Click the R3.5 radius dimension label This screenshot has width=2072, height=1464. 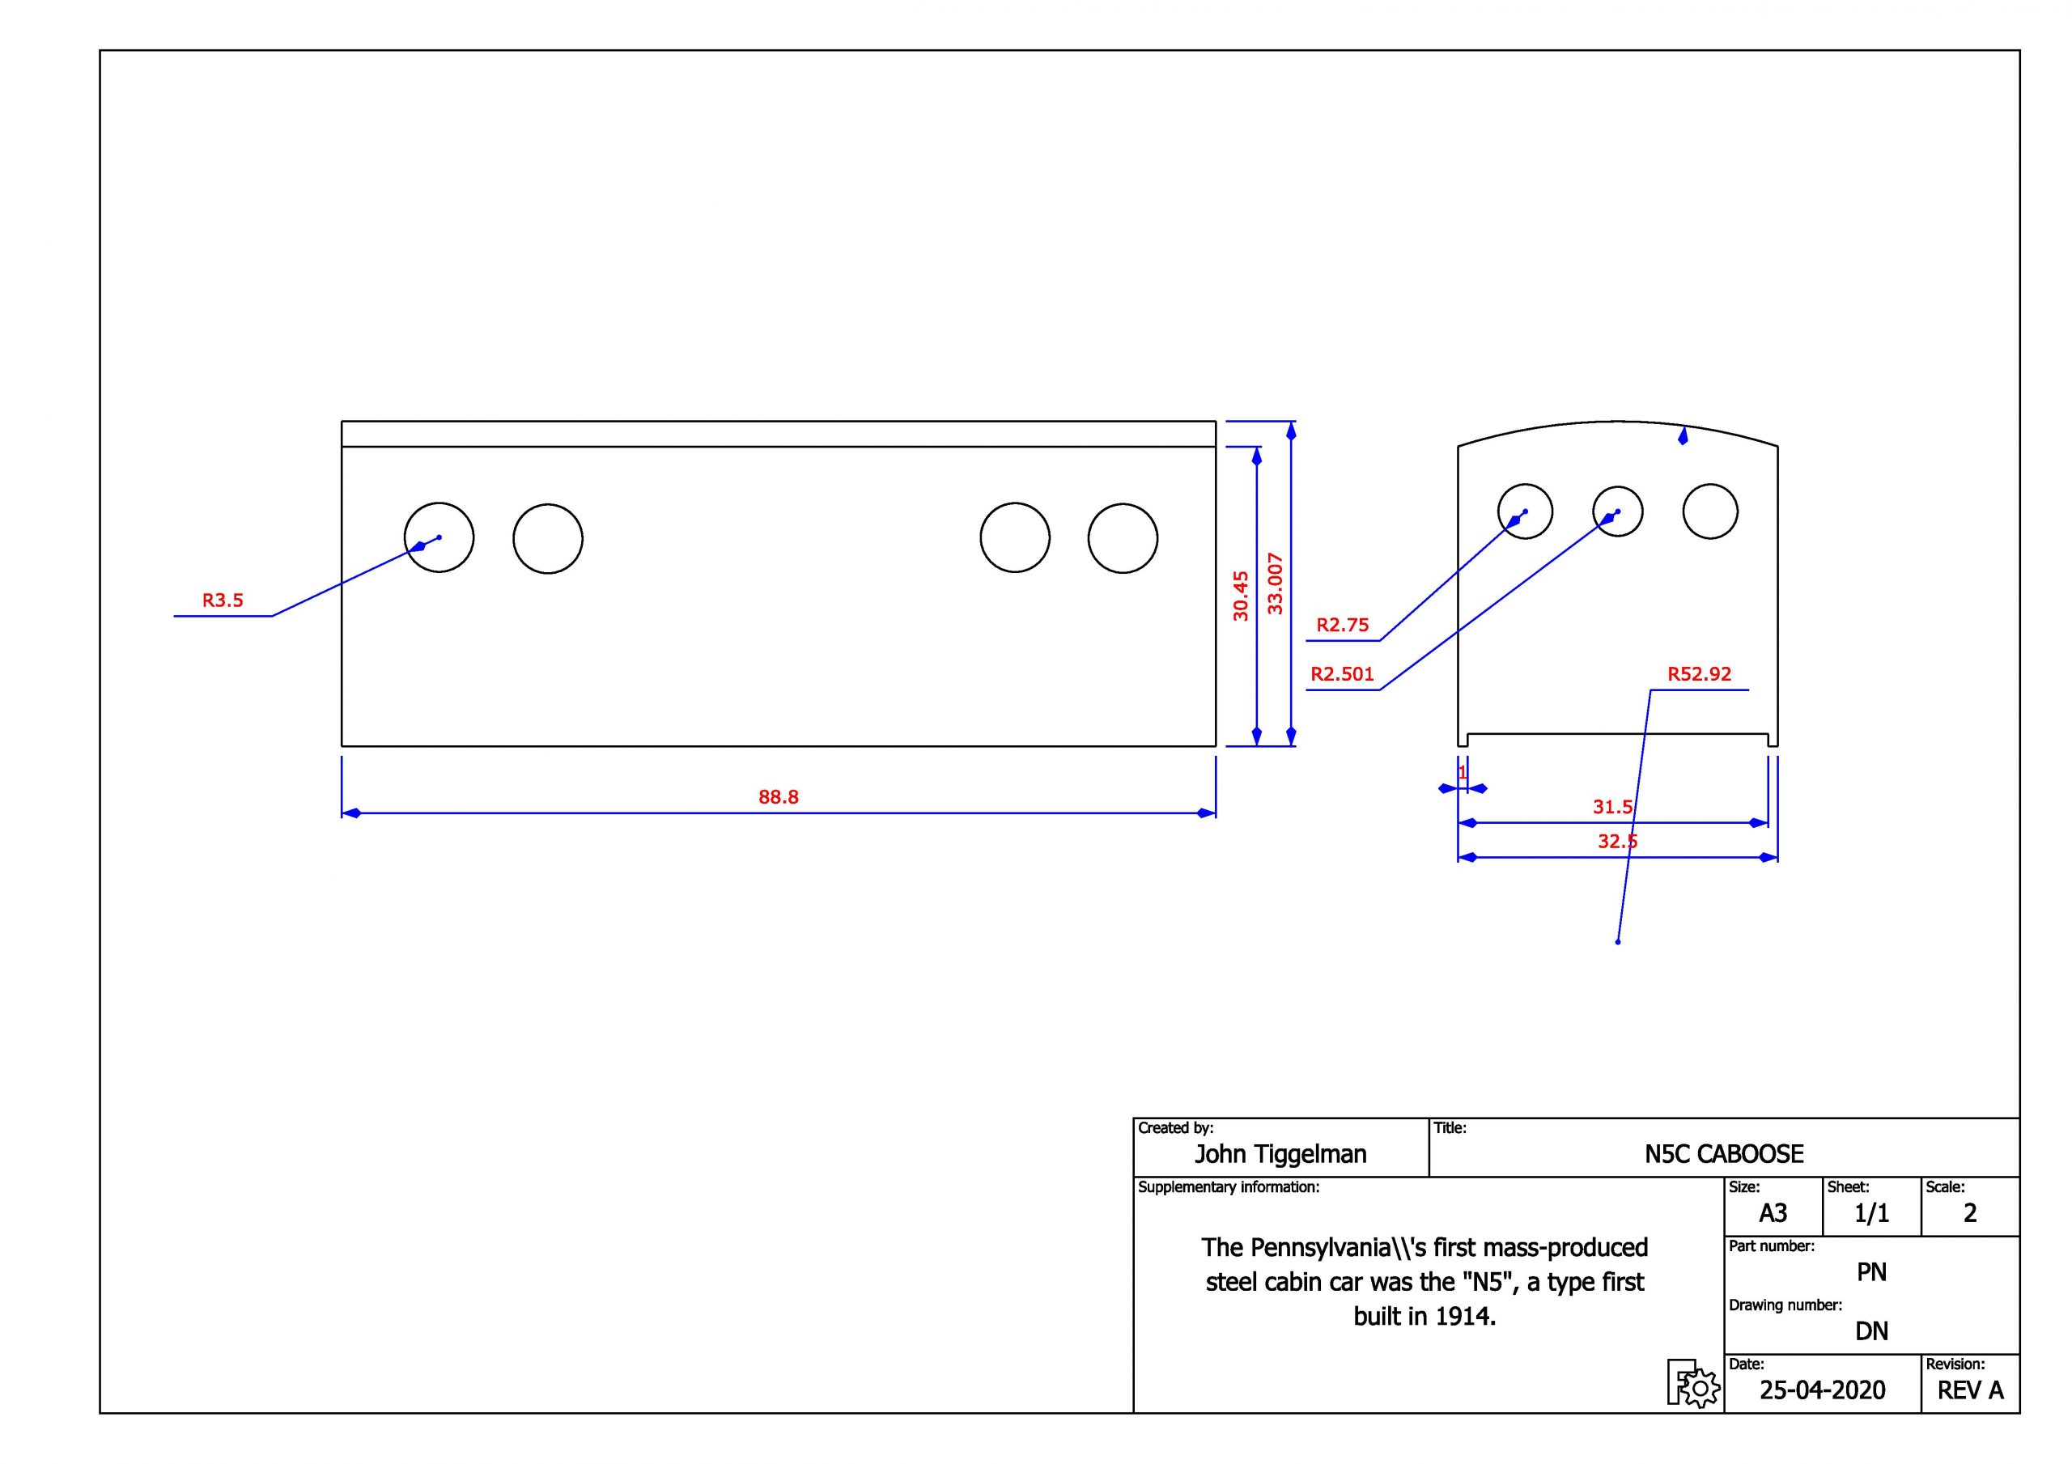pyautogui.click(x=223, y=600)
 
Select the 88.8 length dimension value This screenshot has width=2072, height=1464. pyautogui.click(x=778, y=797)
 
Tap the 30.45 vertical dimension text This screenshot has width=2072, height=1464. pyautogui.click(x=1241, y=596)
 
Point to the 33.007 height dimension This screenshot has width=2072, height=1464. pyautogui.click(x=1275, y=583)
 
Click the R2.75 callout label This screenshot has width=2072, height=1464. pyautogui.click(x=1342, y=625)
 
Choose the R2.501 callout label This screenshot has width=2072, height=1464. pyautogui.click(x=1342, y=673)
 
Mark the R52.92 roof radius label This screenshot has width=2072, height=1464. pyautogui.click(x=1700, y=673)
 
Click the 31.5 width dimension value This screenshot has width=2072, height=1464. pyautogui.click(x=1612, y=807)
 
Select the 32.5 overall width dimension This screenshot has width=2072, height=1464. pyautogui.click(x=1617, y=841)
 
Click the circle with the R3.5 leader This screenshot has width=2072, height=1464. pyautogui.click(x=439, y=538)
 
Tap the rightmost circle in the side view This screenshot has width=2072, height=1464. pyautogui.click(x=1123, y=538)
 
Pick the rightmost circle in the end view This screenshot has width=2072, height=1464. pyautogui.click(x=1710, y=511)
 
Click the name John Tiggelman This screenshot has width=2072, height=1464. pyautogui.click(x=1280, y=1154)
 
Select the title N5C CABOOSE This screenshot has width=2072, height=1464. pyautogui.click(x=1724, y=1154)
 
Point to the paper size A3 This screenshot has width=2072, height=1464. pyautogui.click(x=1773, y=1213)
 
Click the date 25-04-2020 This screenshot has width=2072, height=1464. pyautogui.click(x=1822, y=1391)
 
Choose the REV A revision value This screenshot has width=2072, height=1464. pyautogui.click(x=1970, y=1391)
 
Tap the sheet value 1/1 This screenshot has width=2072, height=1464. pyautogui.click(x=1871, y=1213)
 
